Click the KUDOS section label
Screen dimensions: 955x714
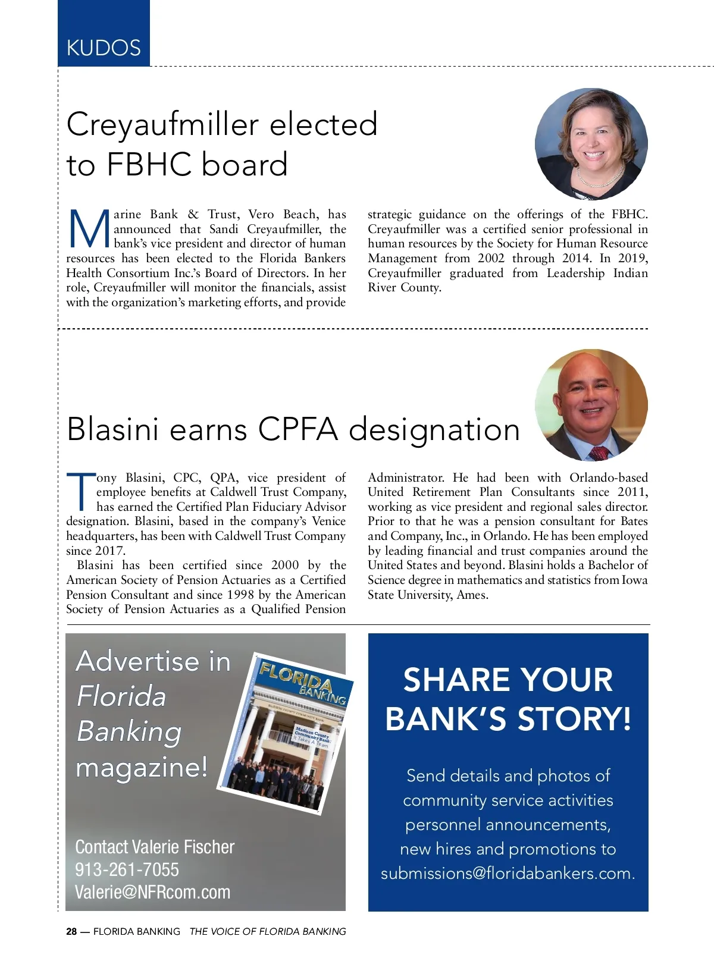coord(104,48)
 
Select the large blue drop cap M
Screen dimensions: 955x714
coord(89,230)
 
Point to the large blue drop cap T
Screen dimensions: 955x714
coord(80,492)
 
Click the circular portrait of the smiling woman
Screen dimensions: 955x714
coord(591,143)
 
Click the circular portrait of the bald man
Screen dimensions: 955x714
coord(591,405)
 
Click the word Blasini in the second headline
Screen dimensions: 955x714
coord(113,429)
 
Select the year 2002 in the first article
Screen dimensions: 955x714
coord(491,258)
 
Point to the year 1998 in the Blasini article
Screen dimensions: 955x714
coord(240,595)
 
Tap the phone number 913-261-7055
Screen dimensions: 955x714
coord(127,869)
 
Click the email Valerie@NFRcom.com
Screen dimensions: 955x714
coord(152,892)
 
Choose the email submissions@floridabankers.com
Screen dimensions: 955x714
coord(508,873)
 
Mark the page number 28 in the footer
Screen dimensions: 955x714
coord(71,932)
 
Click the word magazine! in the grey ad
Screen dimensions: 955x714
coord(142,766)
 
